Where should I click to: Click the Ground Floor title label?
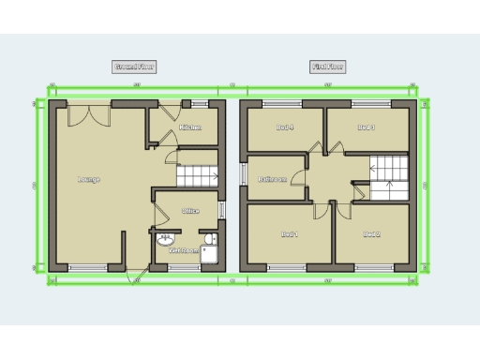click(134, 67)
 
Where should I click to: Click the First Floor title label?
click(327, 67)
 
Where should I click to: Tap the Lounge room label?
click(89, 179)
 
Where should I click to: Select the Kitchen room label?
click(191, 127)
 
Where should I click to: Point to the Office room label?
click(190, 211)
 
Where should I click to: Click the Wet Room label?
click(182, 251)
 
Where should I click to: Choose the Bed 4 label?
click(286, 127)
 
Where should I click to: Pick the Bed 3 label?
click(367, 127)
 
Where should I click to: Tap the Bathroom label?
click(273, 180)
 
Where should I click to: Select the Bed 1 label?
click(290, 234)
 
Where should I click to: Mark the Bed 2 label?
click(371, 234)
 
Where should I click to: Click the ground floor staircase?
click(198, 175)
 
